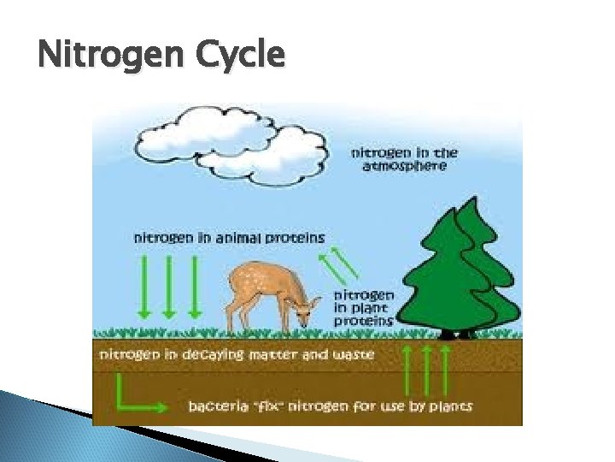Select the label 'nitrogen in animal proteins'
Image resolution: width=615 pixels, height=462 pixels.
click(x=229, y=237)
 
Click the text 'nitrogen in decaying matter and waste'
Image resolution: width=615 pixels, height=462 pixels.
click(x=237, y=352)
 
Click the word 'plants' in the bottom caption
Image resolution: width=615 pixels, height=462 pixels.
click(x=449, y=404)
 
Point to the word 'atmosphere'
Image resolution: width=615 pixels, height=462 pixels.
click(x=405, y=167)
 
